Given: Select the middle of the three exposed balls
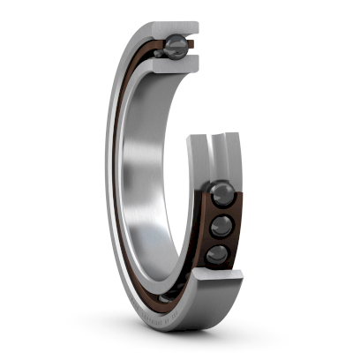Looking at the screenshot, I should (221, 227).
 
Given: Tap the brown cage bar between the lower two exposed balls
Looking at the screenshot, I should (219, 242).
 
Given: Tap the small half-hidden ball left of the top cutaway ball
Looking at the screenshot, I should (158, 52).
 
